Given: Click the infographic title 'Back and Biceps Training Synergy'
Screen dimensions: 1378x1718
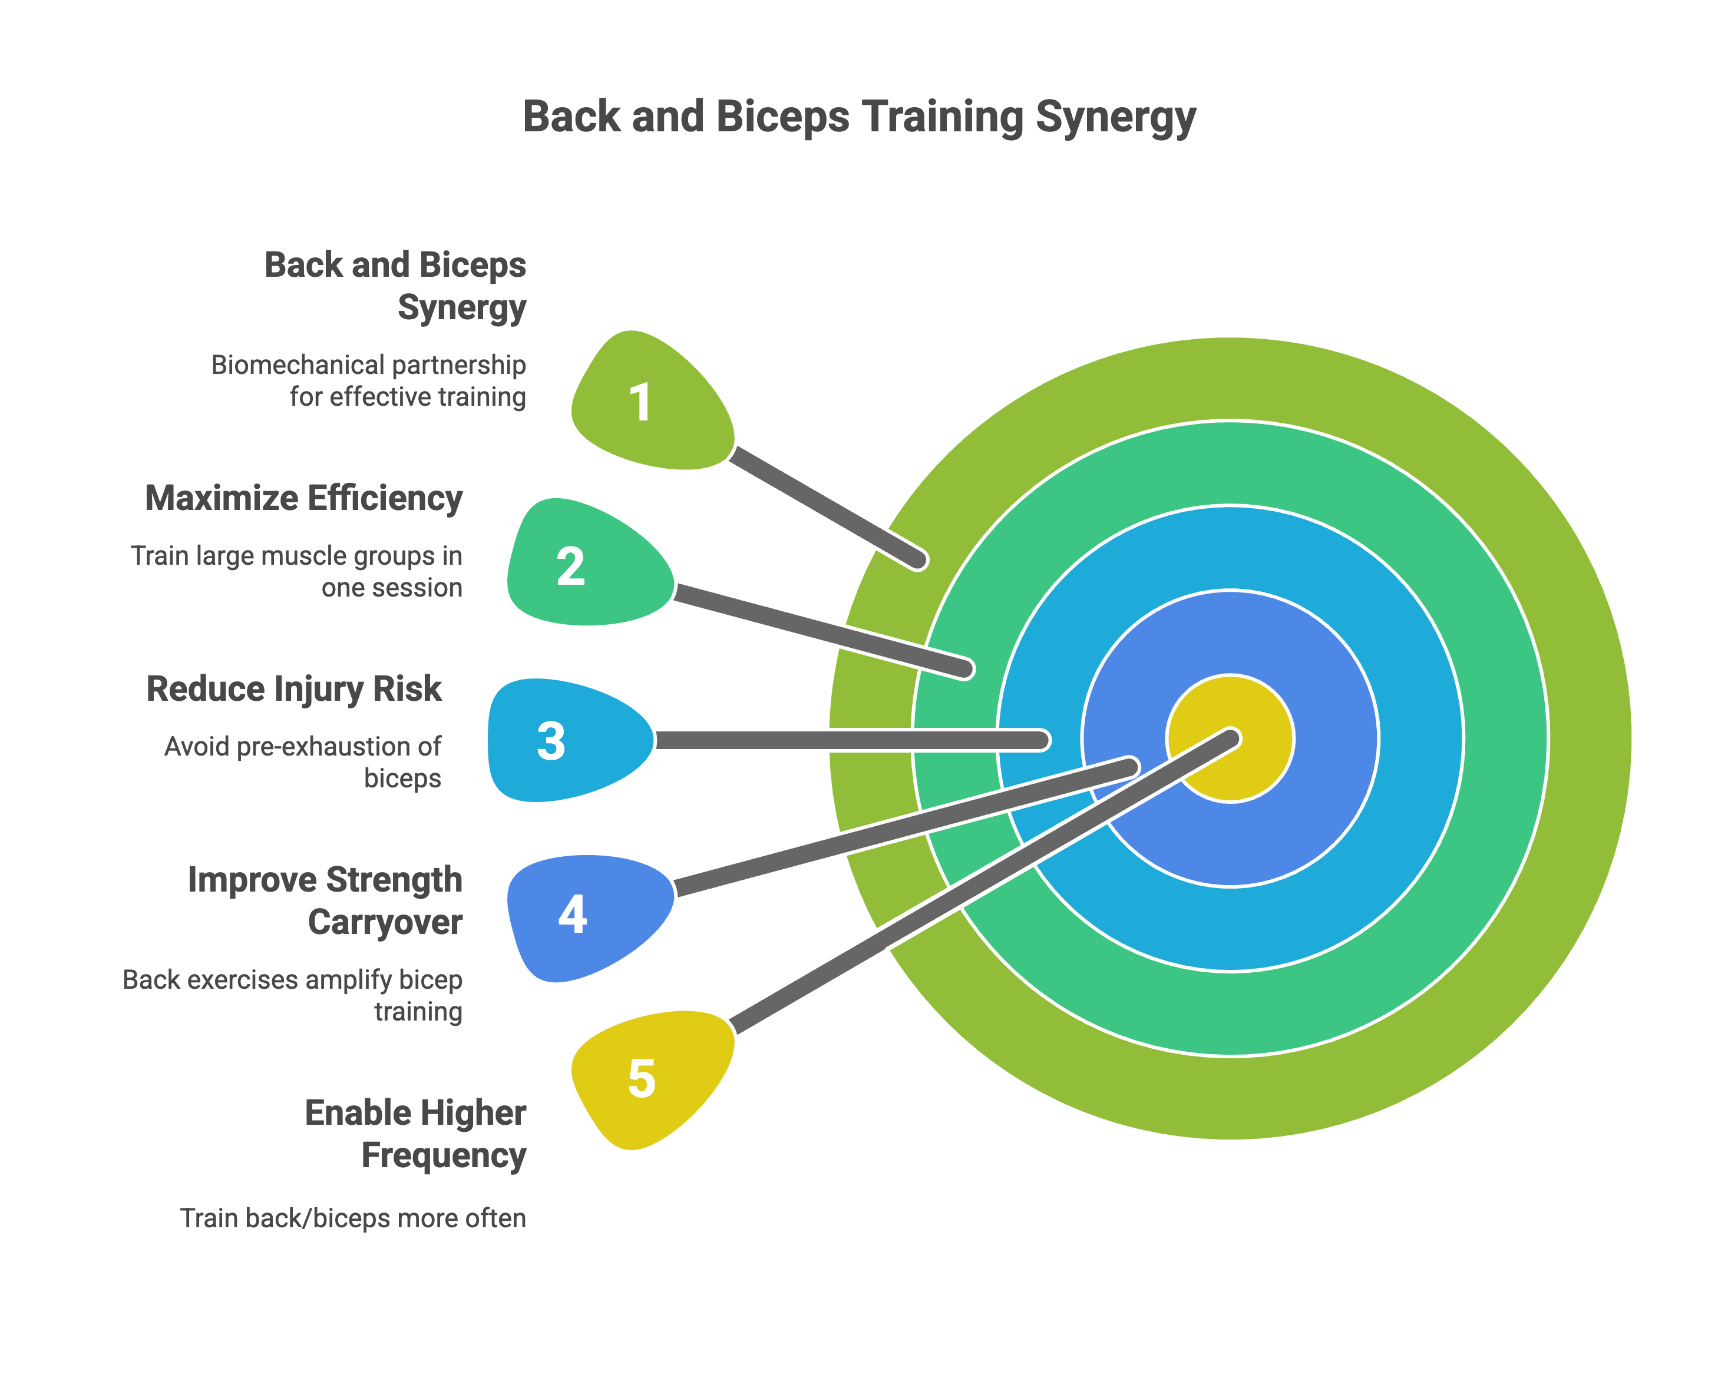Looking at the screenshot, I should [x=859, y=117].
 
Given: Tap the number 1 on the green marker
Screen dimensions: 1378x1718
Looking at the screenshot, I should [x=640, y=402].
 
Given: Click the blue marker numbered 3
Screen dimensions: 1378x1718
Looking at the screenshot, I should [x=551, y=741].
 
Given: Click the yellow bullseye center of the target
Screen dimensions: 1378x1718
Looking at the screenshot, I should [x=1251, y=764].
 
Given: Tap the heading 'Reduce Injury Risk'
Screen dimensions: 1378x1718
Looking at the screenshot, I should [x=293, y=689].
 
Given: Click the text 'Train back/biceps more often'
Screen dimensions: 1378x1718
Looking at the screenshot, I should [x=353, y=1218].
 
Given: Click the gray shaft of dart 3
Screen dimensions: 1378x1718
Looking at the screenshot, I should [x=845, y=740].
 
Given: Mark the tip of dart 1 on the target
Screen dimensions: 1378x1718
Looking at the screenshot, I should [x=918, y=559].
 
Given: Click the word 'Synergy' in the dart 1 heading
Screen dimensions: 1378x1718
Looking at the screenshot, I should [x=462, y=307].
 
